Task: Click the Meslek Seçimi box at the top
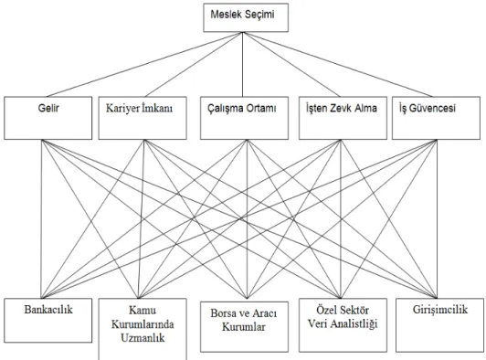point(246,17)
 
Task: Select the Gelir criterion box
point(48,118)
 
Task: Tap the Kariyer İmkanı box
point(143,118)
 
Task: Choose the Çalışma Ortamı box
point(244,118)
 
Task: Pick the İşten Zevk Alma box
point(343,118)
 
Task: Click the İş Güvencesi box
point(436,118)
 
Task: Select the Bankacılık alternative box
point(48,321)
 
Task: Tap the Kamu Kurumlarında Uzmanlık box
point(143,329)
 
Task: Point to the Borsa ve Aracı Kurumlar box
point(244,327)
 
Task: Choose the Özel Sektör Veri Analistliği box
point(343,325)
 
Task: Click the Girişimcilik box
point(439,325)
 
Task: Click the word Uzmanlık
point(143,338)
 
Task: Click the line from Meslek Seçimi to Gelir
point(144,65)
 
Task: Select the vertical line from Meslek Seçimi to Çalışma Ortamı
point(243,64)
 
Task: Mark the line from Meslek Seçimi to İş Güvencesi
point(337,65)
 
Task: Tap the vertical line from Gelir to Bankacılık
point(41,219)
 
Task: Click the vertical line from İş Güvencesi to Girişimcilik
point(437,219)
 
